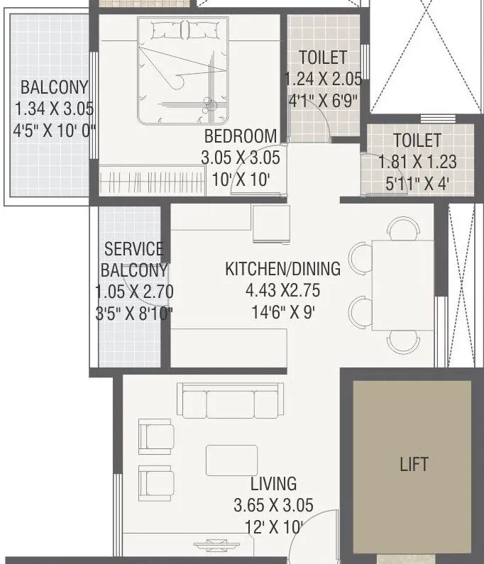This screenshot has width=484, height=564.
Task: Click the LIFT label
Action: tap(414, 464)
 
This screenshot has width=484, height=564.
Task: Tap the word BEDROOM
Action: tap(240, 136)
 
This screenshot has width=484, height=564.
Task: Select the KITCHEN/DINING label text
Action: tap(282, 269)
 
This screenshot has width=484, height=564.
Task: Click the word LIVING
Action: tap(273, 484)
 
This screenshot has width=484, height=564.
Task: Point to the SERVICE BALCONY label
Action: tap(133, 259)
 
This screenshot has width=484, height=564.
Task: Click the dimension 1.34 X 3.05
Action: tap(55, 109)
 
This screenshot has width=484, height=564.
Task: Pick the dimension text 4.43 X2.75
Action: tap(282, 291)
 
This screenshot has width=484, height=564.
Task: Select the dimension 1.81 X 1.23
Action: tap(417, 162)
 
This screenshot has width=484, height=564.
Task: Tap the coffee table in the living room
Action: tap(231, 460)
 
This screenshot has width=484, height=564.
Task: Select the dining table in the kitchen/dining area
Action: tap(402, 285)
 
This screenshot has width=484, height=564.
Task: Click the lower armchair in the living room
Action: tap(155, 482)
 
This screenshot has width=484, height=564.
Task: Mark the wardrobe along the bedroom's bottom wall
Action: tap(148, 179)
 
